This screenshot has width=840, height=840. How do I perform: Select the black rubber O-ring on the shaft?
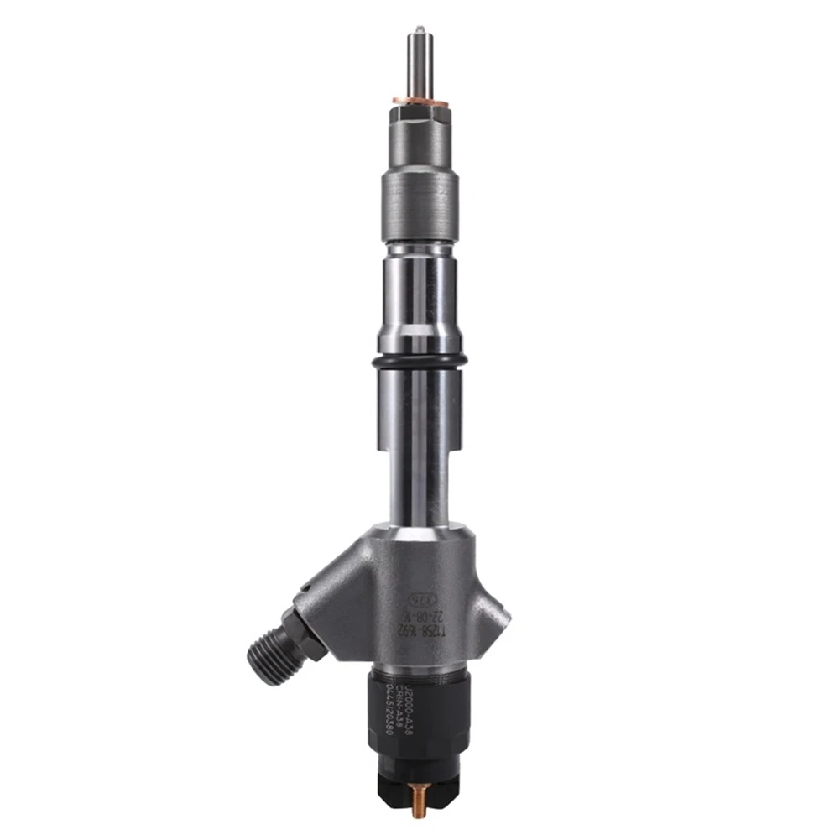point(417,361)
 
